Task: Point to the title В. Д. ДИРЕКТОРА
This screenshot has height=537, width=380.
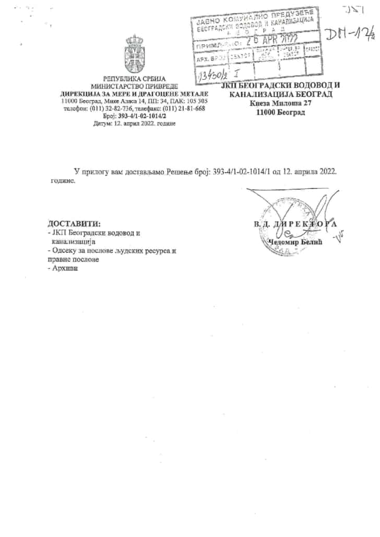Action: click(295, 225)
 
